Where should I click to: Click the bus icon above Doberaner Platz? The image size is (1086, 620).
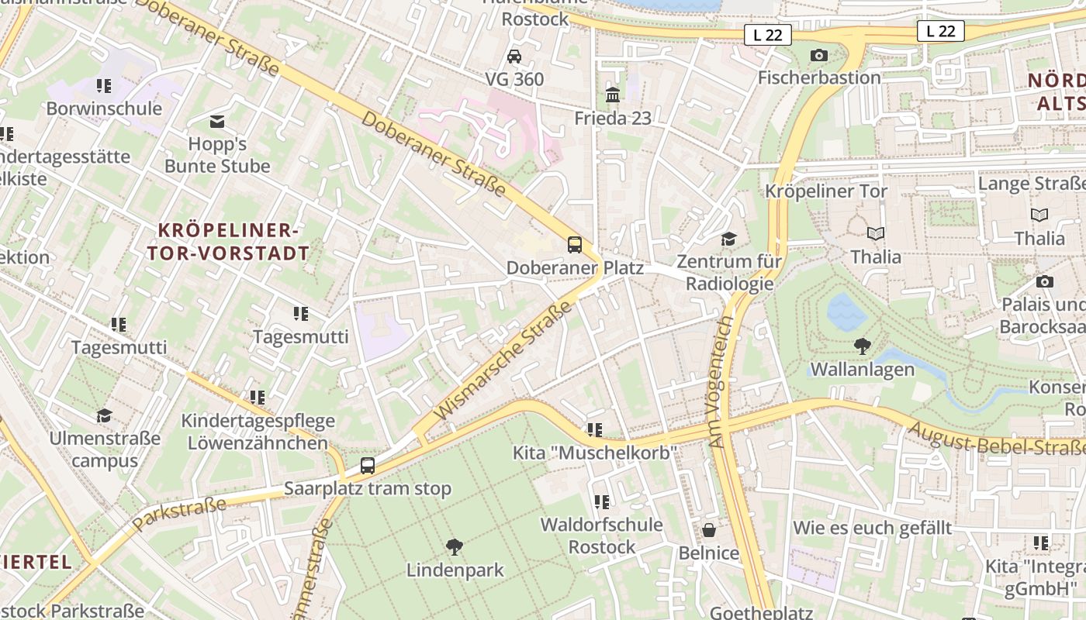(575, 245)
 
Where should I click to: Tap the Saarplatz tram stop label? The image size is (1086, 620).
(367, 489)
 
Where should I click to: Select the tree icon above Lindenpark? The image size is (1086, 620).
(455, 547)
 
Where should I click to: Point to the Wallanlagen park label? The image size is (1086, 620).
(862, 370)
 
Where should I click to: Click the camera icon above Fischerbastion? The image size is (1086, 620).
(818, 55)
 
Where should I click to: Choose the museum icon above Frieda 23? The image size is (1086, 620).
(613, 95)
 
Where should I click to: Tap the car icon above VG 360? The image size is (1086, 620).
(514, 57)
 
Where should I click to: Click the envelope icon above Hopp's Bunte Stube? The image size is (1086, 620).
(217, 122)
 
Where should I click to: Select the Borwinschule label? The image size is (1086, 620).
(104, 108)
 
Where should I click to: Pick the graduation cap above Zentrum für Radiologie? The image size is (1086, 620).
(728, 238)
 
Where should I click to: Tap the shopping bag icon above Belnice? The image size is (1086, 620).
(708, 530)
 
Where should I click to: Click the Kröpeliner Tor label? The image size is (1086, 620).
(826, 191)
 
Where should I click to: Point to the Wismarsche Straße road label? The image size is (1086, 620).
(504, 361)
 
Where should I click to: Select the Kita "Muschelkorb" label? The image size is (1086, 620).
(595, 452)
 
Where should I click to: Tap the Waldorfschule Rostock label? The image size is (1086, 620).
(601, 536)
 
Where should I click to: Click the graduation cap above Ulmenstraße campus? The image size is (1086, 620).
(104, 416)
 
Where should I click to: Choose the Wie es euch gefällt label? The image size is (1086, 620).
(872, 529)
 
